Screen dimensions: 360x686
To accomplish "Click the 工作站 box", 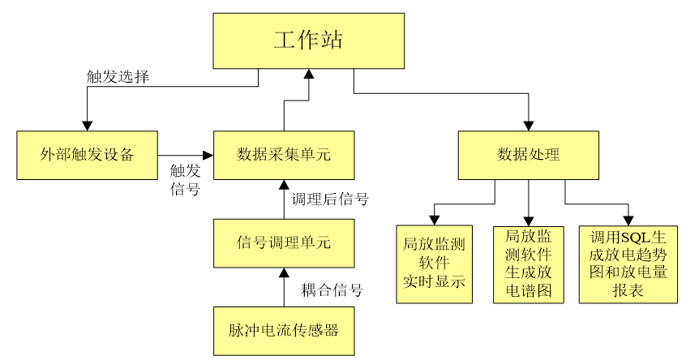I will [x=308, y=41].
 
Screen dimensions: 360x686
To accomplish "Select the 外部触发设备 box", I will [x=87, y=154].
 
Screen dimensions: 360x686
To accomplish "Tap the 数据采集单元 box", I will [x=284, y=154].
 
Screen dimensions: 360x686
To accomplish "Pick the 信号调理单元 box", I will [x=284, y=242].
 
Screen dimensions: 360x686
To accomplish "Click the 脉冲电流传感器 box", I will [x=284, y=330].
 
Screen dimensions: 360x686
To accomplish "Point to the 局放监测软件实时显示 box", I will [x=434, y=264].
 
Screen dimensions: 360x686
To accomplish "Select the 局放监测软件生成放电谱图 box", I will [x=529, y=264].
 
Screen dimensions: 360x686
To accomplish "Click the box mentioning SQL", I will [x=628, y=264].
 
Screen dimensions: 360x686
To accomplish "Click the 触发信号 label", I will [x=185, y=180].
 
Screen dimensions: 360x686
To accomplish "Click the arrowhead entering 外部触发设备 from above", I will [x=87, y=124].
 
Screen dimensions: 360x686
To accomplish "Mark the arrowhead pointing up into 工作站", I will [x=308, y=75].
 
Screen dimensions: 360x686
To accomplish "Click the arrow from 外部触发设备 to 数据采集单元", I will [x=185, y=155].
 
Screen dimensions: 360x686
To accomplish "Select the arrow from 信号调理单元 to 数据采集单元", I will [x=284, y=199].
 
